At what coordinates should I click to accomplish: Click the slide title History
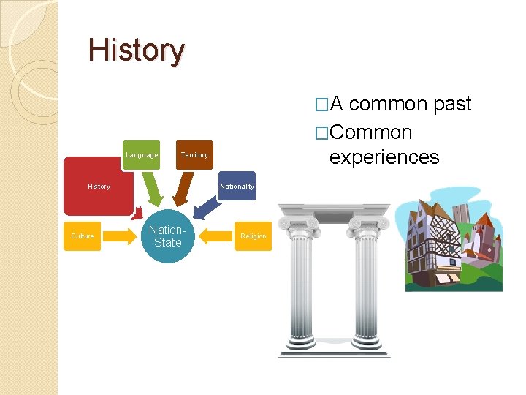click(137, 50)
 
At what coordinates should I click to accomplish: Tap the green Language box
click(141, 155)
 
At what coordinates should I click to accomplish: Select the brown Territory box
click(194, 155)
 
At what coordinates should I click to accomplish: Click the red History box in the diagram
click(99, 187)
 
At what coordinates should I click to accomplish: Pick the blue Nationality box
click(237, 187)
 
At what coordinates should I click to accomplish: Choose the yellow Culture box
click(82, 236)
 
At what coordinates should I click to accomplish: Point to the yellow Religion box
click(253, 236)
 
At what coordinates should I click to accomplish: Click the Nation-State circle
click(167, 236)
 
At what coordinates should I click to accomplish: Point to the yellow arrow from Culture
click(118, 236)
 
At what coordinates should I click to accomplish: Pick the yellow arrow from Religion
click(216, 236)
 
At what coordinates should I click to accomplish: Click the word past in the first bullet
click(452, 105)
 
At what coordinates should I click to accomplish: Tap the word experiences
click(384, 157)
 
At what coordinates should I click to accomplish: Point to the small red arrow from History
click(136, 213)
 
